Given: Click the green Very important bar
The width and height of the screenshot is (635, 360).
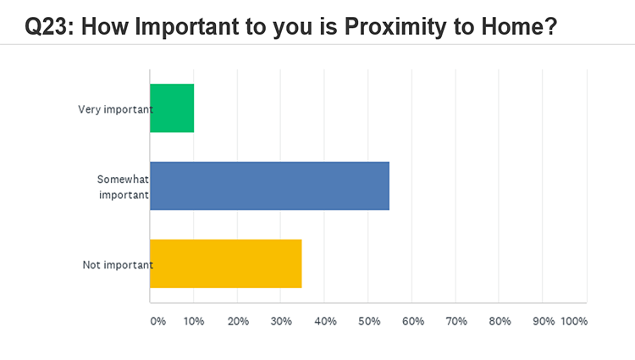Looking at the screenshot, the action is [172, 108].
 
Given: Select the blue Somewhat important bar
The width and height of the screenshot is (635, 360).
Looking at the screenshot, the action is [270, 186].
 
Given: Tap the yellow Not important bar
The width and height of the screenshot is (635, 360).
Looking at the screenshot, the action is [225, 263].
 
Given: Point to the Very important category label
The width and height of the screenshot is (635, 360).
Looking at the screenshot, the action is [115, 109].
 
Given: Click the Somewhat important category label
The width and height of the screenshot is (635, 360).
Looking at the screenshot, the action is [123, 186].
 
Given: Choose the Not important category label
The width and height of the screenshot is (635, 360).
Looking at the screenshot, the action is [118, 265].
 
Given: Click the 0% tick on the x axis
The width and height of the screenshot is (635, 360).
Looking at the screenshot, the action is [158, 321].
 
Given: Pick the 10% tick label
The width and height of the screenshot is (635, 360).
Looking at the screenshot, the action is [194, 321].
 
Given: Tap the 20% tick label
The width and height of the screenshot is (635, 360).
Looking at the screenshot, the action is [238, 321].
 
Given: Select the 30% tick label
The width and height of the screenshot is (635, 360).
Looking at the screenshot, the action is [281, 321].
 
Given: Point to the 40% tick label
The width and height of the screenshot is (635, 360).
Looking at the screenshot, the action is [325, 321].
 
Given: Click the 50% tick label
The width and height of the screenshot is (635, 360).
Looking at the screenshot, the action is [369, 321].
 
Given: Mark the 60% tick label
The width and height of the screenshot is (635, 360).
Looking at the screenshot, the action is [413, 321].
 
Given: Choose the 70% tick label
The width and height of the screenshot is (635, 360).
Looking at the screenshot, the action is [456, 321].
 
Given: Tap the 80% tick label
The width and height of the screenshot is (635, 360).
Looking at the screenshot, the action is [500, 321].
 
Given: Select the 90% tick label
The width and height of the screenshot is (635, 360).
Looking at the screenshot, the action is [544, 321].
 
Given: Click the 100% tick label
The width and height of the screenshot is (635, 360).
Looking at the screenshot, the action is [574, 321].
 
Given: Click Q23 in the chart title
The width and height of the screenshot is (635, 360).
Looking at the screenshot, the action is [49, 27].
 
